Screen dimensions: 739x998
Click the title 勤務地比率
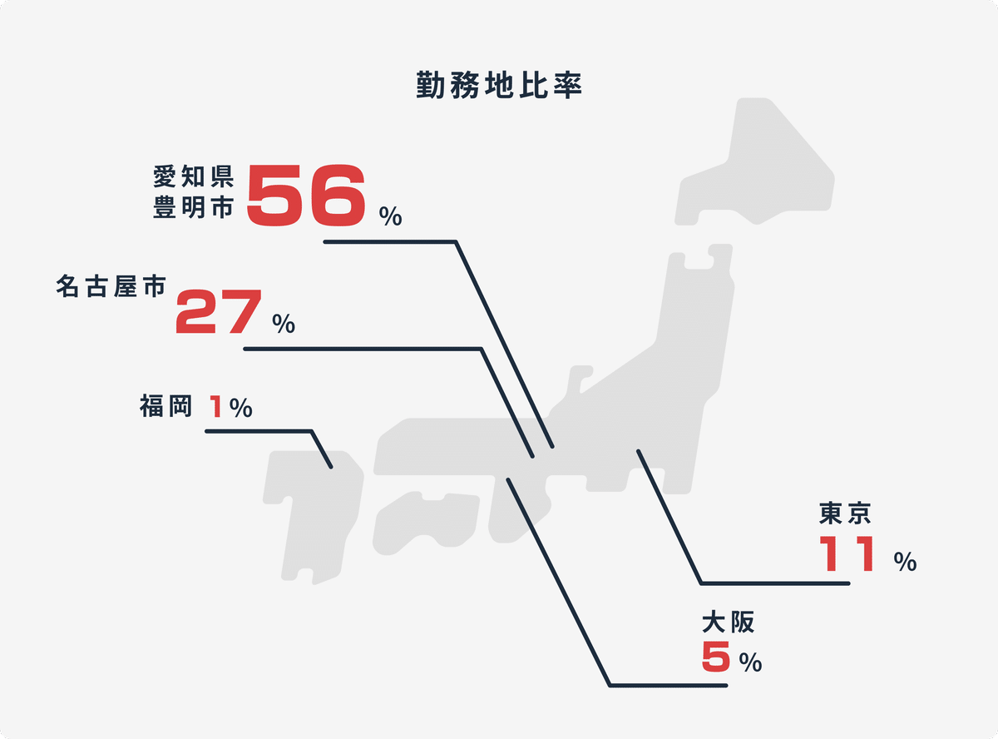pyautogui.click(x=499, y=87)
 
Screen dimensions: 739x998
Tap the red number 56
pyautogui.click(x=306, y=195)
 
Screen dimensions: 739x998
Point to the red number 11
pyautogui.click(x=847, y=553)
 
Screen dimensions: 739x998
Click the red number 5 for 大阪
pyautogui.click(x=716, y=657)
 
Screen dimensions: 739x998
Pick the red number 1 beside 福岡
pyautogui.click(x=216, y=407)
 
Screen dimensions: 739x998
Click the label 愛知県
pyautogui.click(x=194, y=176)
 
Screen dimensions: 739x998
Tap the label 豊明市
pyautogui.click(x=194, y=207)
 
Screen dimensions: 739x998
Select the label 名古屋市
pyautogui.click(x=111, y=285)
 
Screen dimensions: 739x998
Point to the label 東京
pyautogui.click(x=844, y=513)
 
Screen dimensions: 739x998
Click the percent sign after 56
pyautogui.click(x=391, y=217)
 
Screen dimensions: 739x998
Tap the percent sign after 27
pyautogui.click(x=284, y=325)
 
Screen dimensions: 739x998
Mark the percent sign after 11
pyautogui.click(x=906, y=563)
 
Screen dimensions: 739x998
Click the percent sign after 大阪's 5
pyautogui.click(x=750, y=663)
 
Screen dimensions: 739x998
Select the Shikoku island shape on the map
pyautogui.click(x=424, y=520)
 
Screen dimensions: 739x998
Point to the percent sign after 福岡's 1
pyautogui.click(x=241, y=408)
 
